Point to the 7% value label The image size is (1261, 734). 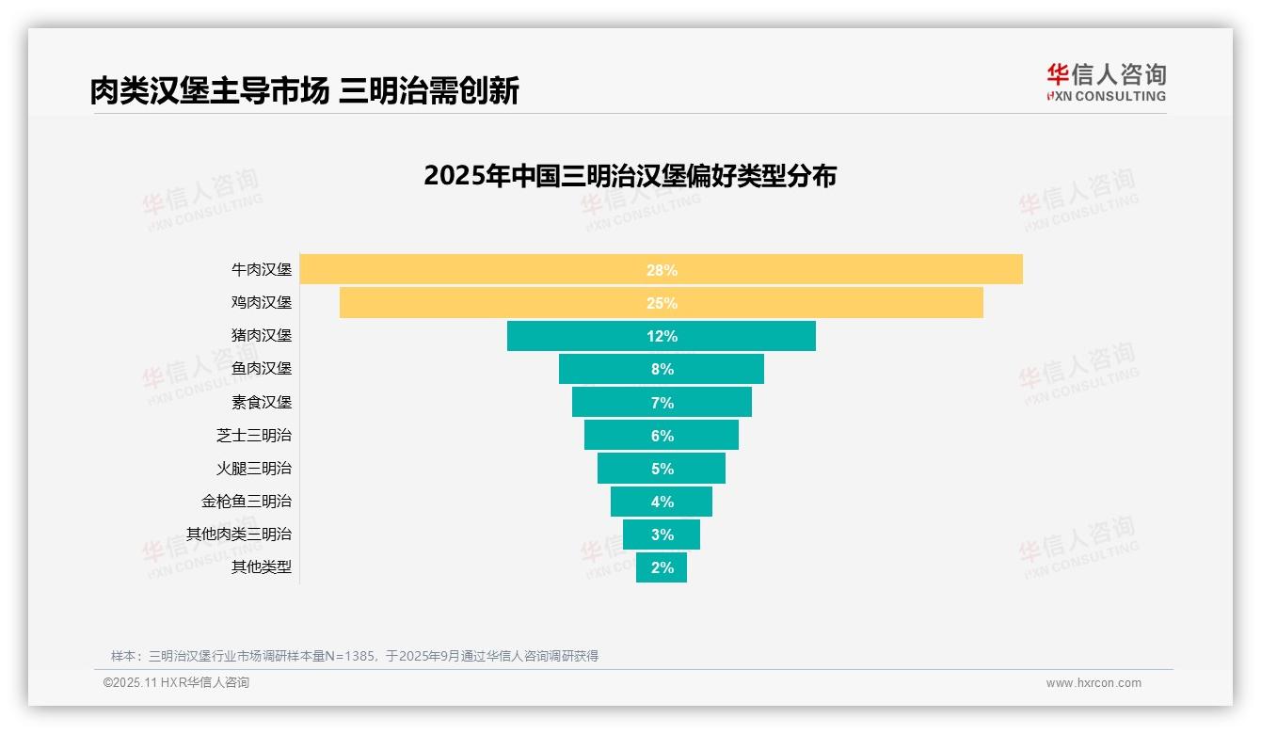click(662, 403)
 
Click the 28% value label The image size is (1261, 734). click(662, 270)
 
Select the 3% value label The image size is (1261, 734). click(662, 535)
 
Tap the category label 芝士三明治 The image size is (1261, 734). click(253, 435)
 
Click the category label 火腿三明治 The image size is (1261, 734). click(253, 468)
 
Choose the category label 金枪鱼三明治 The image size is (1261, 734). click(246, 501)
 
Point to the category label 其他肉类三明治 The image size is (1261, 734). click(238, 534)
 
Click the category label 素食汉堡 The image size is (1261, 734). click(261, 402)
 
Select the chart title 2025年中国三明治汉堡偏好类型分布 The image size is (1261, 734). click(630, 176)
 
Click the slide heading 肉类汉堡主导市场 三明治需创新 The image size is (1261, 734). click(304, 91)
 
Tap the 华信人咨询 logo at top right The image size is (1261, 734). click(1106, 82)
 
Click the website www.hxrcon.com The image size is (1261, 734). click(1093, 683)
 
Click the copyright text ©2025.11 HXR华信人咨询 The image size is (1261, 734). click(176, 683)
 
